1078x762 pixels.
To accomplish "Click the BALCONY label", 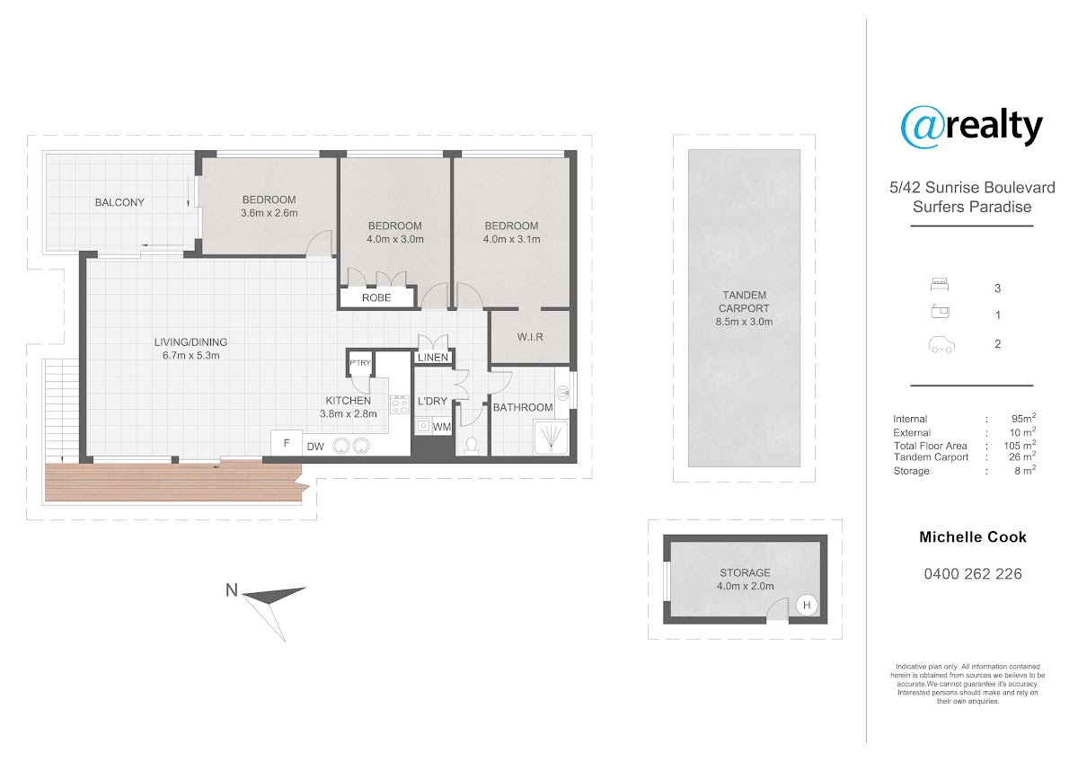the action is point(119,203).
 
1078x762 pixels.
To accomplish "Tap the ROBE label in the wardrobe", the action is point(376,298).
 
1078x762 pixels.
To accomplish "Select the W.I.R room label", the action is point(530,337).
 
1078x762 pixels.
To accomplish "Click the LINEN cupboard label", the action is point(433,357).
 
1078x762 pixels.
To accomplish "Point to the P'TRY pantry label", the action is point(360,362).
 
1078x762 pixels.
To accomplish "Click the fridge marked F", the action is point(287,443).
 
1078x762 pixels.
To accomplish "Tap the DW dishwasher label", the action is point(315,447).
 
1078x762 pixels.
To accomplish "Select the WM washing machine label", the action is point(441,427).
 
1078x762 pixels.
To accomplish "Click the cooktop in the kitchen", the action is point(400,404).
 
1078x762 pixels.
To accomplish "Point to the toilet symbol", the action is point(471,446).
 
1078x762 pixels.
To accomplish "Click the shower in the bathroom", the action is point(551,437).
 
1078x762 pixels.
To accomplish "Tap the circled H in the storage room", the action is point(807,605).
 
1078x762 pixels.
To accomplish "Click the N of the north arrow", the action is point(232,590).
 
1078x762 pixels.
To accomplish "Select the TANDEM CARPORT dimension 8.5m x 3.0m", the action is point(744,322).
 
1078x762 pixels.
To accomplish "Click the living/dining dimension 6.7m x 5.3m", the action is point(190,356).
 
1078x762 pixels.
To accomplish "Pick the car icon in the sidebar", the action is point(941,345).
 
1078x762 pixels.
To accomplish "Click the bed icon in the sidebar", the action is point(940,285).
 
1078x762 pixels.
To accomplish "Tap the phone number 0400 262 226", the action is point(973,574).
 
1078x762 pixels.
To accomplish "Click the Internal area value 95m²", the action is point(1023,418).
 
